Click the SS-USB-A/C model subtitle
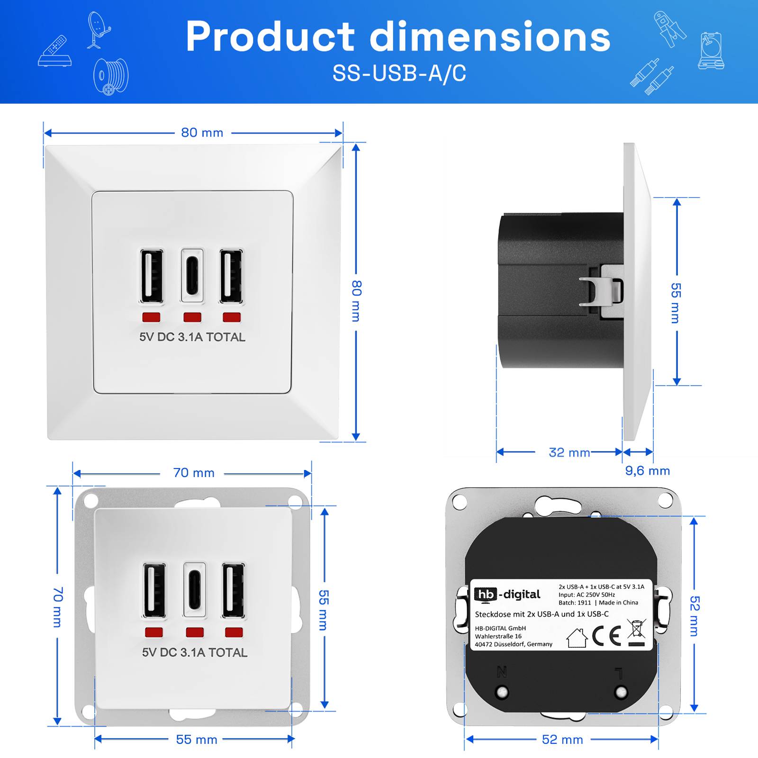(x=399, y=73)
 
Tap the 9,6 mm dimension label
(x=647, y=470)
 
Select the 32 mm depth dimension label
(x=569, y=452)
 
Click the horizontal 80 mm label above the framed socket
(x=202, y=133)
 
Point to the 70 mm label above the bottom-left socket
(x=194, y=473)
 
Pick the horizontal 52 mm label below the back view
(x=562, y=740)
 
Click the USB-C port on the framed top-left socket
(x=192, y=276)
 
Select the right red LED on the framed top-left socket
(x=232, y=317)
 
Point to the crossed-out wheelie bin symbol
(x=636, y=633)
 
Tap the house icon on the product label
(x=577, y=638)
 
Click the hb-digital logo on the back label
(x=507, y=595)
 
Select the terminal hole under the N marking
(x=502, y=692)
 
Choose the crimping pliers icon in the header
(x=669, y=28)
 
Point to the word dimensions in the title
(x=490, y=37)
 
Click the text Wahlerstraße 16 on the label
(x=498, y=636)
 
